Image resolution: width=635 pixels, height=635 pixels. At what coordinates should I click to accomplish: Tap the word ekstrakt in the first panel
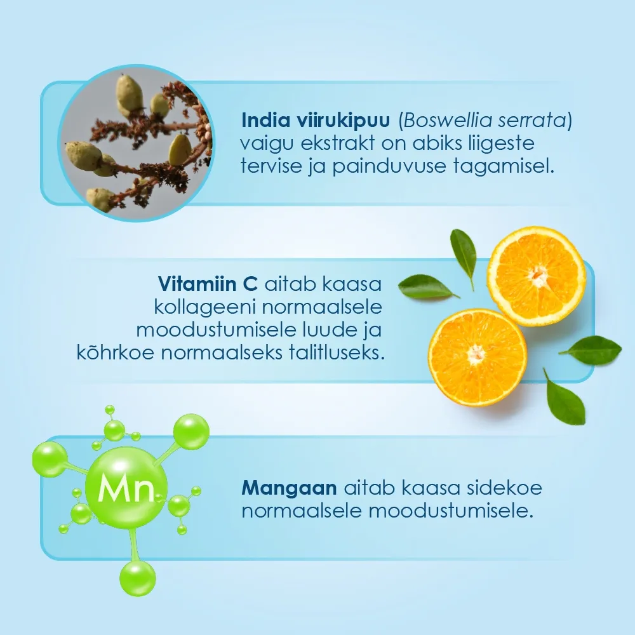pos(338,143)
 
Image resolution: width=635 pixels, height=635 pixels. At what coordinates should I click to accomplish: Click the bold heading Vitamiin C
pos(208,284)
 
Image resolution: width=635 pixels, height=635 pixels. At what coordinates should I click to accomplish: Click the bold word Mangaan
pos(289,488)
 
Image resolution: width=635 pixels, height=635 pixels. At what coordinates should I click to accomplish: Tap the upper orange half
pos(536,276)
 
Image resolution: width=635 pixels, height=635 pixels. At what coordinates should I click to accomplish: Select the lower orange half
pos(478,357)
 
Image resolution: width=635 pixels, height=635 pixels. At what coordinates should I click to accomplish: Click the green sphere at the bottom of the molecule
pos(138,578)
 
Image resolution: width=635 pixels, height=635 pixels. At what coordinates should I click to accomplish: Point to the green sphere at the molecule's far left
pos(50,459)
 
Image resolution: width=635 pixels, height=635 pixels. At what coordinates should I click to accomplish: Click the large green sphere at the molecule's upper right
pos(191,432)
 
